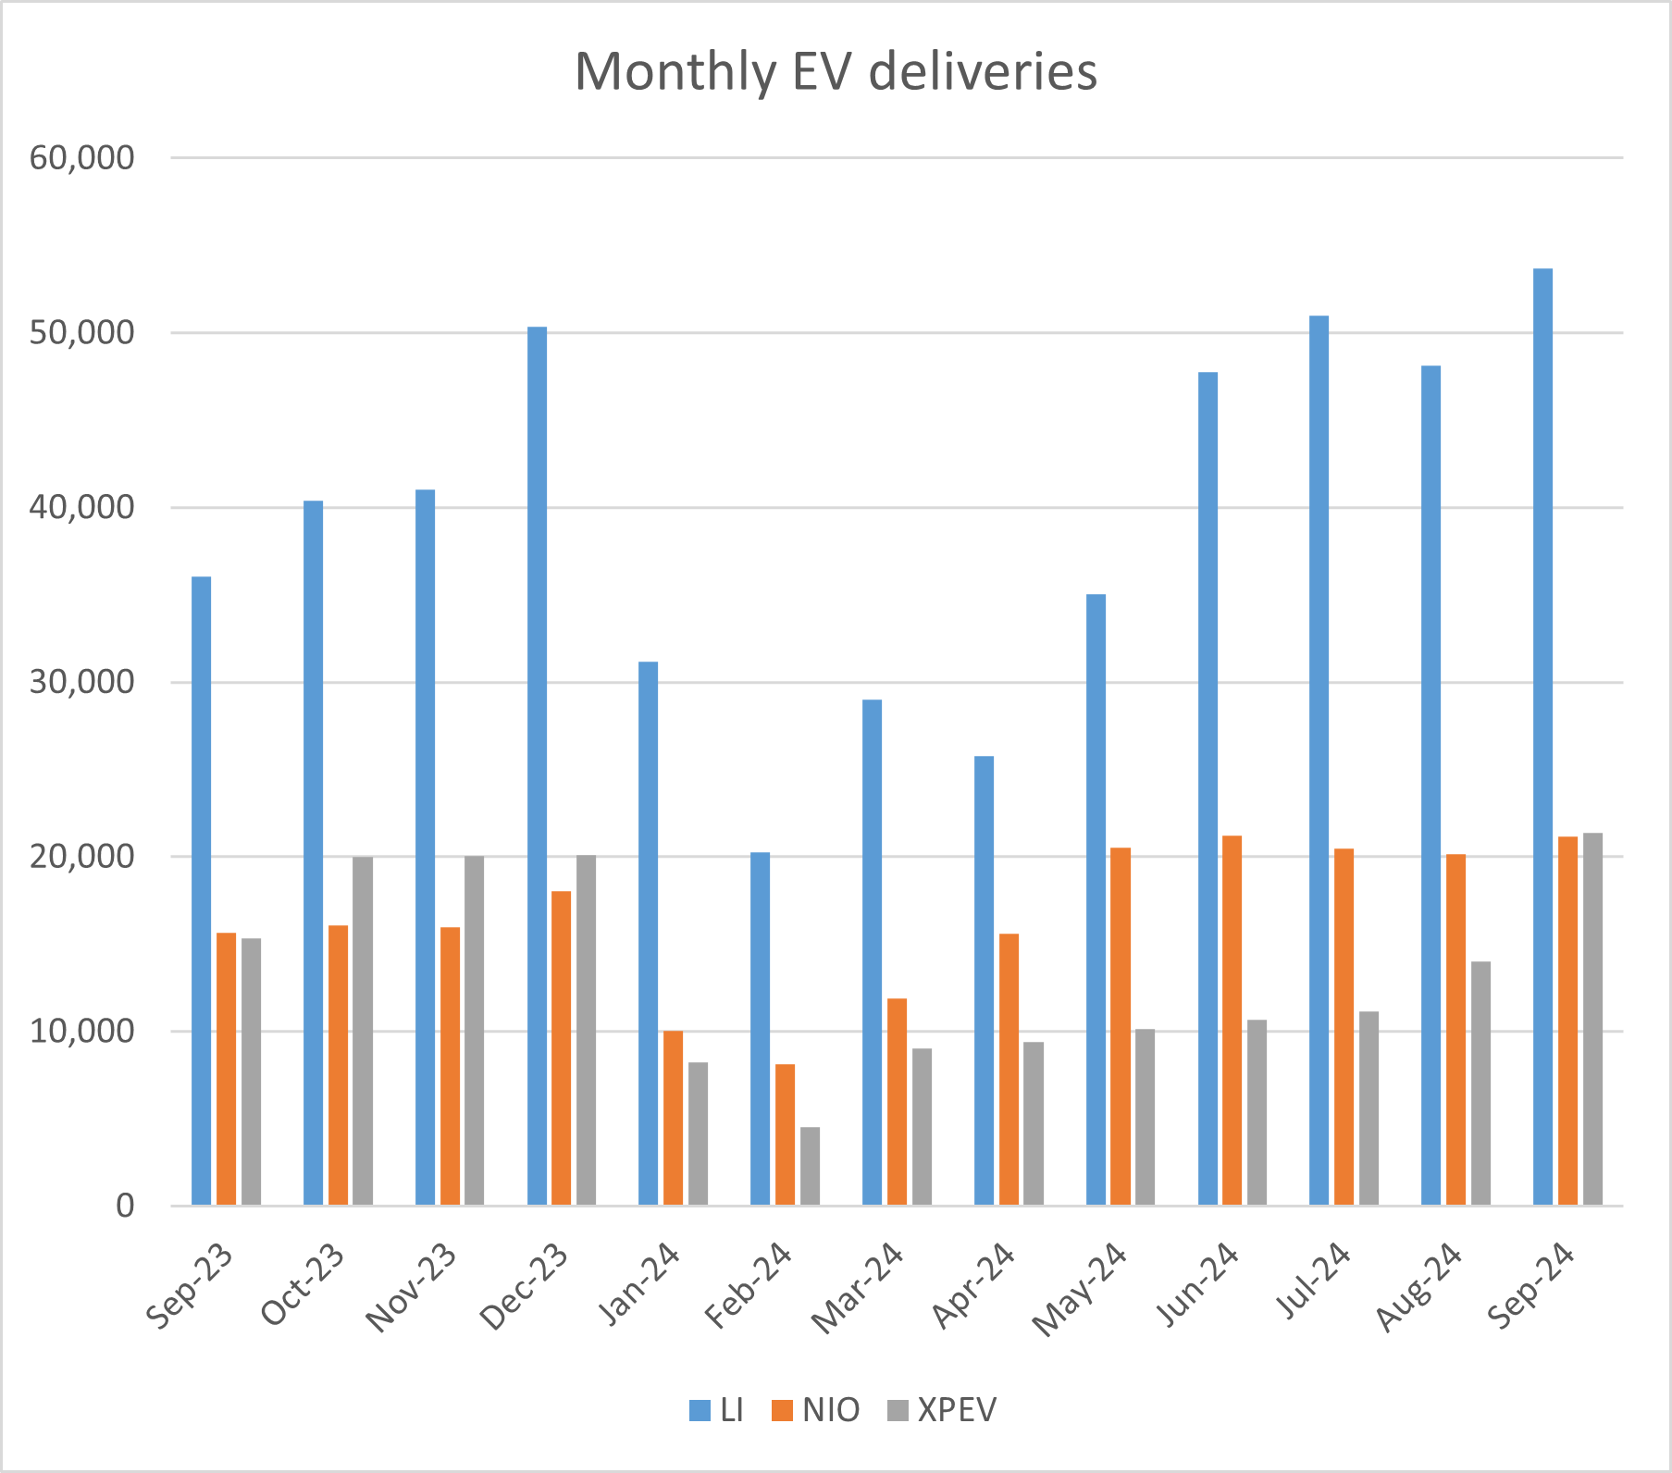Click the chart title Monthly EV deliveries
(836, 71)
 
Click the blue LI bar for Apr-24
(984, 980)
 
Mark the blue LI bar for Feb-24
(760, 1028)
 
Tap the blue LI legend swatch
(700, 1411)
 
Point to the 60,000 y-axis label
(81, 158)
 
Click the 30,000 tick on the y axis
(81, 683)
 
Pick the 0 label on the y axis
(124, 1206)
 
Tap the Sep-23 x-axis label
(190, 1287)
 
